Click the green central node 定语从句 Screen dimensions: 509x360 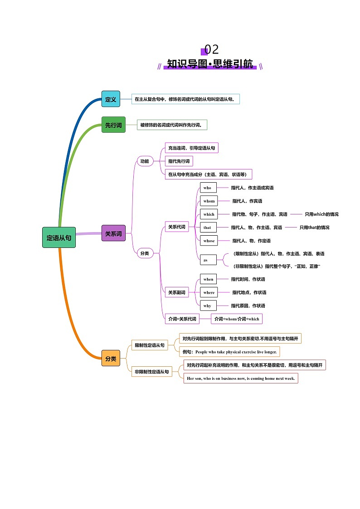point(59,238)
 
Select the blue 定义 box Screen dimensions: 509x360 point(111,99)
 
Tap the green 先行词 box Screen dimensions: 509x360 point(113,125)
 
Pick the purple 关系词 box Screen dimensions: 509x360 point(113,233)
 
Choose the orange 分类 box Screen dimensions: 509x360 point(111,358)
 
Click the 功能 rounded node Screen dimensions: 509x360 point(145,161)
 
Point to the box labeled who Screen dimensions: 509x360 point(208,188)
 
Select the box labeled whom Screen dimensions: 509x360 point(209,201)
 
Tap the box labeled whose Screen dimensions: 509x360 point(209,241)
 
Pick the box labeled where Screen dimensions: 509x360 point(209,292)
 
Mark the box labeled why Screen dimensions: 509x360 point(208,305)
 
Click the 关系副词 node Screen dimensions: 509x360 point(177,292)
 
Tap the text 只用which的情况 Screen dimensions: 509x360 point(321,214)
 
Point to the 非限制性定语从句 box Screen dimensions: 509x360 point(152,372)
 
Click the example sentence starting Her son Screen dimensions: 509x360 point(241,378)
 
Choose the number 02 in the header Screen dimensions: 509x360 point(212,49)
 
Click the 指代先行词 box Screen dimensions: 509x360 point(179,161)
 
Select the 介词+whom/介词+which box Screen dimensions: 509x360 point(237,319)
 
